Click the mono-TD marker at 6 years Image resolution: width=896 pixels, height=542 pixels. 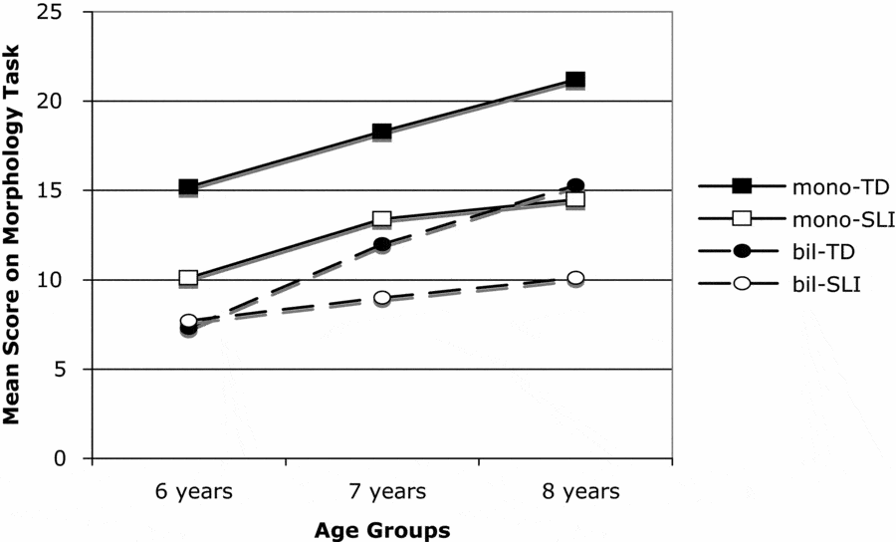[188, 187]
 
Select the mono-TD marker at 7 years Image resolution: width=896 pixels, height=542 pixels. [381, 132]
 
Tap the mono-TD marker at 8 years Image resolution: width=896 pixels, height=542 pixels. [574, 80]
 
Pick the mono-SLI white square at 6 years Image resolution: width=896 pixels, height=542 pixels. [188, 278]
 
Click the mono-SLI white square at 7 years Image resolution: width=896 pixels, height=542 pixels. [381, 219]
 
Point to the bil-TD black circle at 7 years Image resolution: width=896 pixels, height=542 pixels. [381, 244]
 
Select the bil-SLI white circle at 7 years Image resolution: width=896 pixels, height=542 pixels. [381, 298]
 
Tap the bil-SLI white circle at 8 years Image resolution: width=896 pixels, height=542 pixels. [574, 278]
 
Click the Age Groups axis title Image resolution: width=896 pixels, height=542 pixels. [381, 529]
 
